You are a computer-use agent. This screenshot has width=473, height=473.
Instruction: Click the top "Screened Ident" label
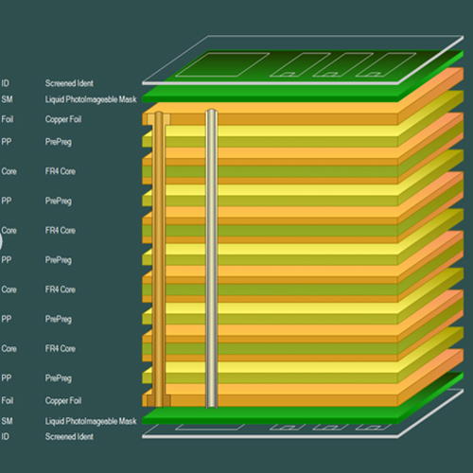coord(69,83)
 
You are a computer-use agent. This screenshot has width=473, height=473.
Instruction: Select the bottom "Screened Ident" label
coord(69,436)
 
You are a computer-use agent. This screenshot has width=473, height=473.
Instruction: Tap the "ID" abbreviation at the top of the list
coord(5,83)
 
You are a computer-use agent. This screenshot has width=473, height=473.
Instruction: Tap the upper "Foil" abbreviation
coord(7,120)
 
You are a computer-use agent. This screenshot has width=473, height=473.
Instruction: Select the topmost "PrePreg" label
coord(59,142)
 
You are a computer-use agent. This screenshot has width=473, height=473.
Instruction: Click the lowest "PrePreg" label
coord(59,377)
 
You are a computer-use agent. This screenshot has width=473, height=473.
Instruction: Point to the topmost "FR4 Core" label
coord(61,171)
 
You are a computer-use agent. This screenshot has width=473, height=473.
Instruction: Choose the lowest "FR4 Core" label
coord(61,348)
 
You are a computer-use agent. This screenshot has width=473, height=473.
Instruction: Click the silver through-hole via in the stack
coord(211,255)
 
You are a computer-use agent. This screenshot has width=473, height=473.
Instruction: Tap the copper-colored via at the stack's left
coord(160,255)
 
